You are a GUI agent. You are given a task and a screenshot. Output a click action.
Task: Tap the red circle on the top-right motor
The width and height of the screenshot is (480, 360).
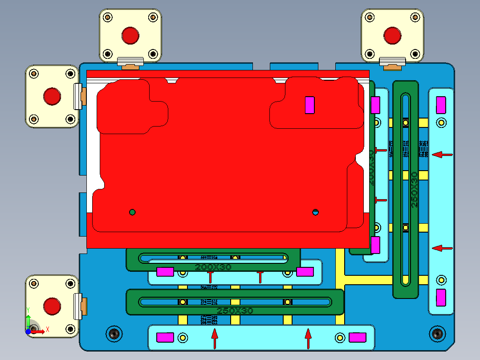(392, 36)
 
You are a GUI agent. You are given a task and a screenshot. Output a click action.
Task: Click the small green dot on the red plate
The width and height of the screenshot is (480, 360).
(132, 212)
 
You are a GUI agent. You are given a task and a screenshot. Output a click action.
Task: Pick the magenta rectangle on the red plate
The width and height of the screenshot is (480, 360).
(309, 105)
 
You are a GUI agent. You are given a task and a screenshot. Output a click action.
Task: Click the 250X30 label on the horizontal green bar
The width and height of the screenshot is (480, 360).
(235, 311)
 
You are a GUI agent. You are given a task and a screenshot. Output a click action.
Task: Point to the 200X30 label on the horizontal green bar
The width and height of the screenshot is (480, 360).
(213, 267)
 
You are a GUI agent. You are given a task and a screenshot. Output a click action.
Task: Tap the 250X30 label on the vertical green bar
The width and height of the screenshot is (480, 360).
(414, 189)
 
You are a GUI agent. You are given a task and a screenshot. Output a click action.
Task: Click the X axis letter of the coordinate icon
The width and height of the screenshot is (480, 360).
(48, 329)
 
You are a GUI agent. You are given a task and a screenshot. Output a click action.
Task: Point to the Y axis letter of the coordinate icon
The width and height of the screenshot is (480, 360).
(28, 310)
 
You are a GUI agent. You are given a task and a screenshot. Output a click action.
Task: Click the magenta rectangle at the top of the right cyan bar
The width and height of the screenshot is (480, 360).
(441, 105)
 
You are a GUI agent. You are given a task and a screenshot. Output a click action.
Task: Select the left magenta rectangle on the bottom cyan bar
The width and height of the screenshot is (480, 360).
(165, 338)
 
